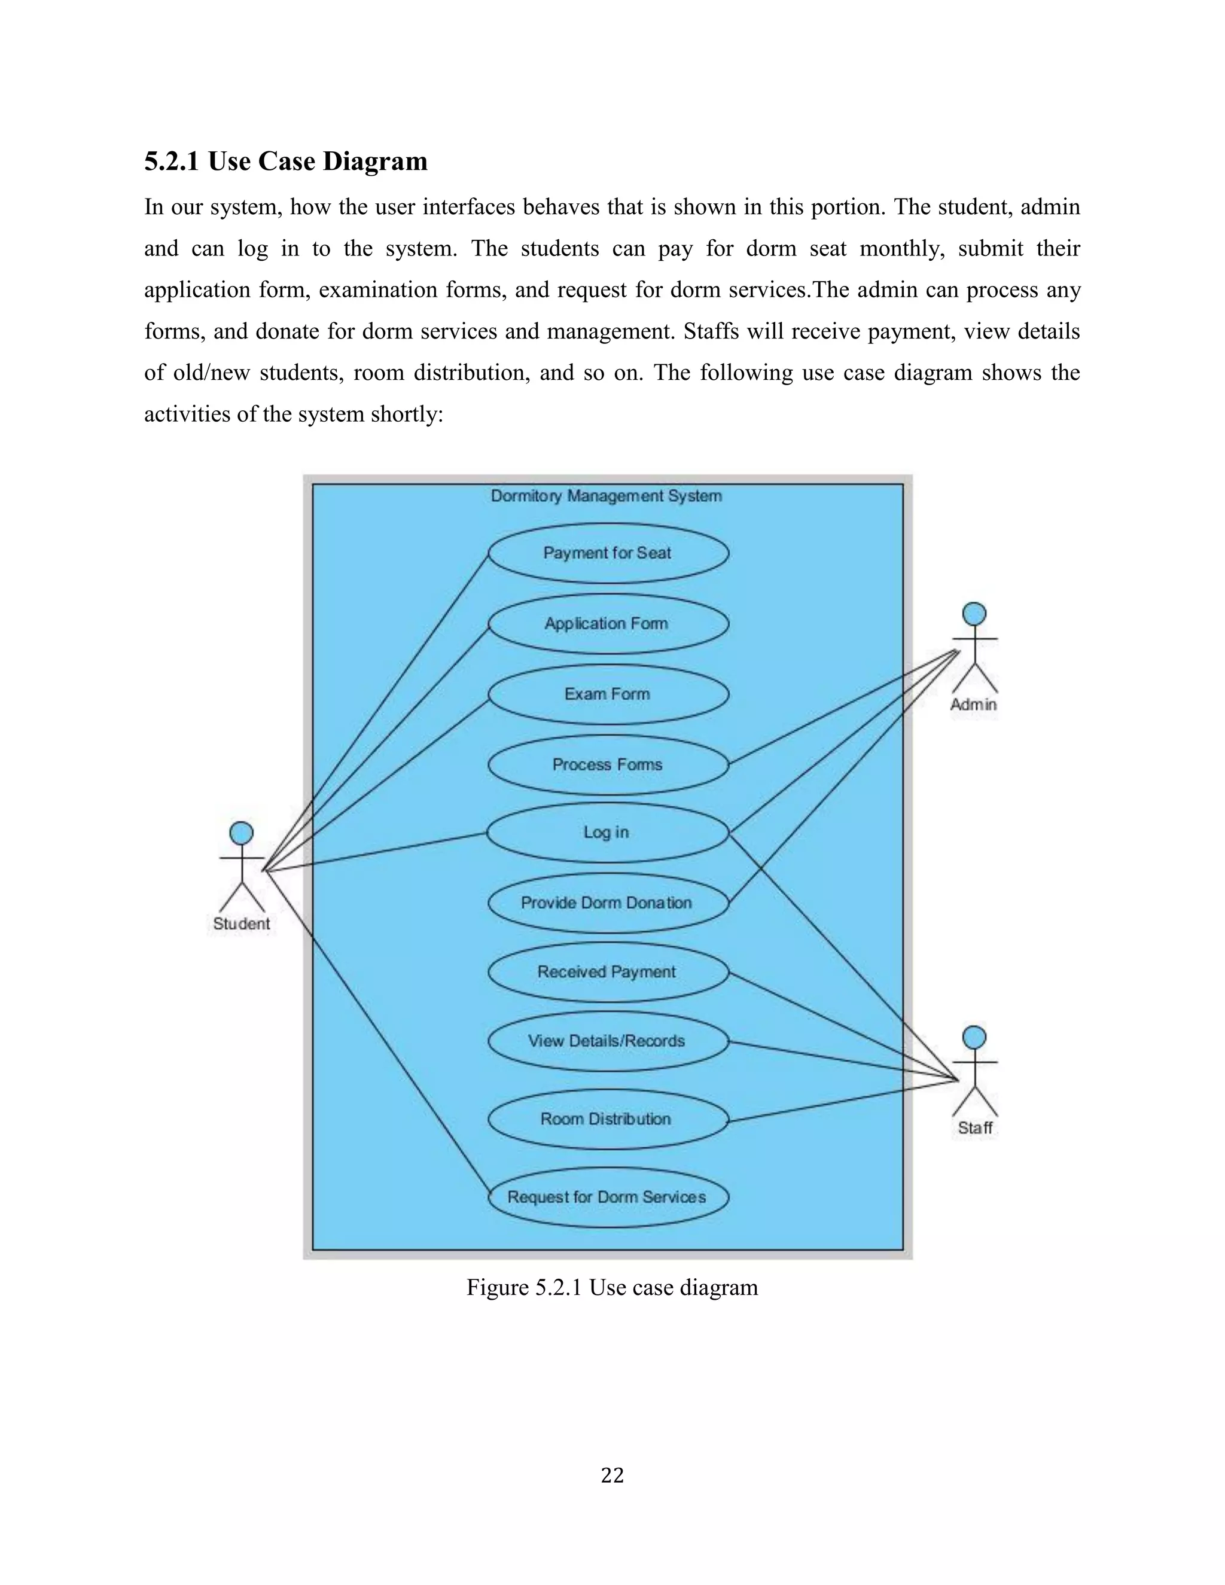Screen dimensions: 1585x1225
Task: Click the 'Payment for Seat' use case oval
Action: (608, 553)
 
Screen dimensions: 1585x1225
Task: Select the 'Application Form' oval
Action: (608, 623)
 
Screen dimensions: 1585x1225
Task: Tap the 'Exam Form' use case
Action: (608, 694)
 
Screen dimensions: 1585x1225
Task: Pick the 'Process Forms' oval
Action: (608, 764)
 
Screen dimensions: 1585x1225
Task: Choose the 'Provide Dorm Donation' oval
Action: (608, 903)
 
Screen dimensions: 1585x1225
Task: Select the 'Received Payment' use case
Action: (608, 972)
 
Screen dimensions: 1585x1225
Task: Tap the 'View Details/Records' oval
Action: (608, 1041)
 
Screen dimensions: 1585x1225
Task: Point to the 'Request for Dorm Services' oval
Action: (608, 1197)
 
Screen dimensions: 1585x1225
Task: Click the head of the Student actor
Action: (242, 833)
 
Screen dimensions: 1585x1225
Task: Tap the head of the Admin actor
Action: (974, 613)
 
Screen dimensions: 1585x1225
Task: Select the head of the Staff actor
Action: (974, 1037)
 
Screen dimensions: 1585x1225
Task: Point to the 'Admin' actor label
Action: (974, 704)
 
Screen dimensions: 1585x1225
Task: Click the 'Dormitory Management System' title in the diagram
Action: (607, 496)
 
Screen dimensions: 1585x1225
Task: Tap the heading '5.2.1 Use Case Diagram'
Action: (286, 161)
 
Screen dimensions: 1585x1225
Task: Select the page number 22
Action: (612, 1476)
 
